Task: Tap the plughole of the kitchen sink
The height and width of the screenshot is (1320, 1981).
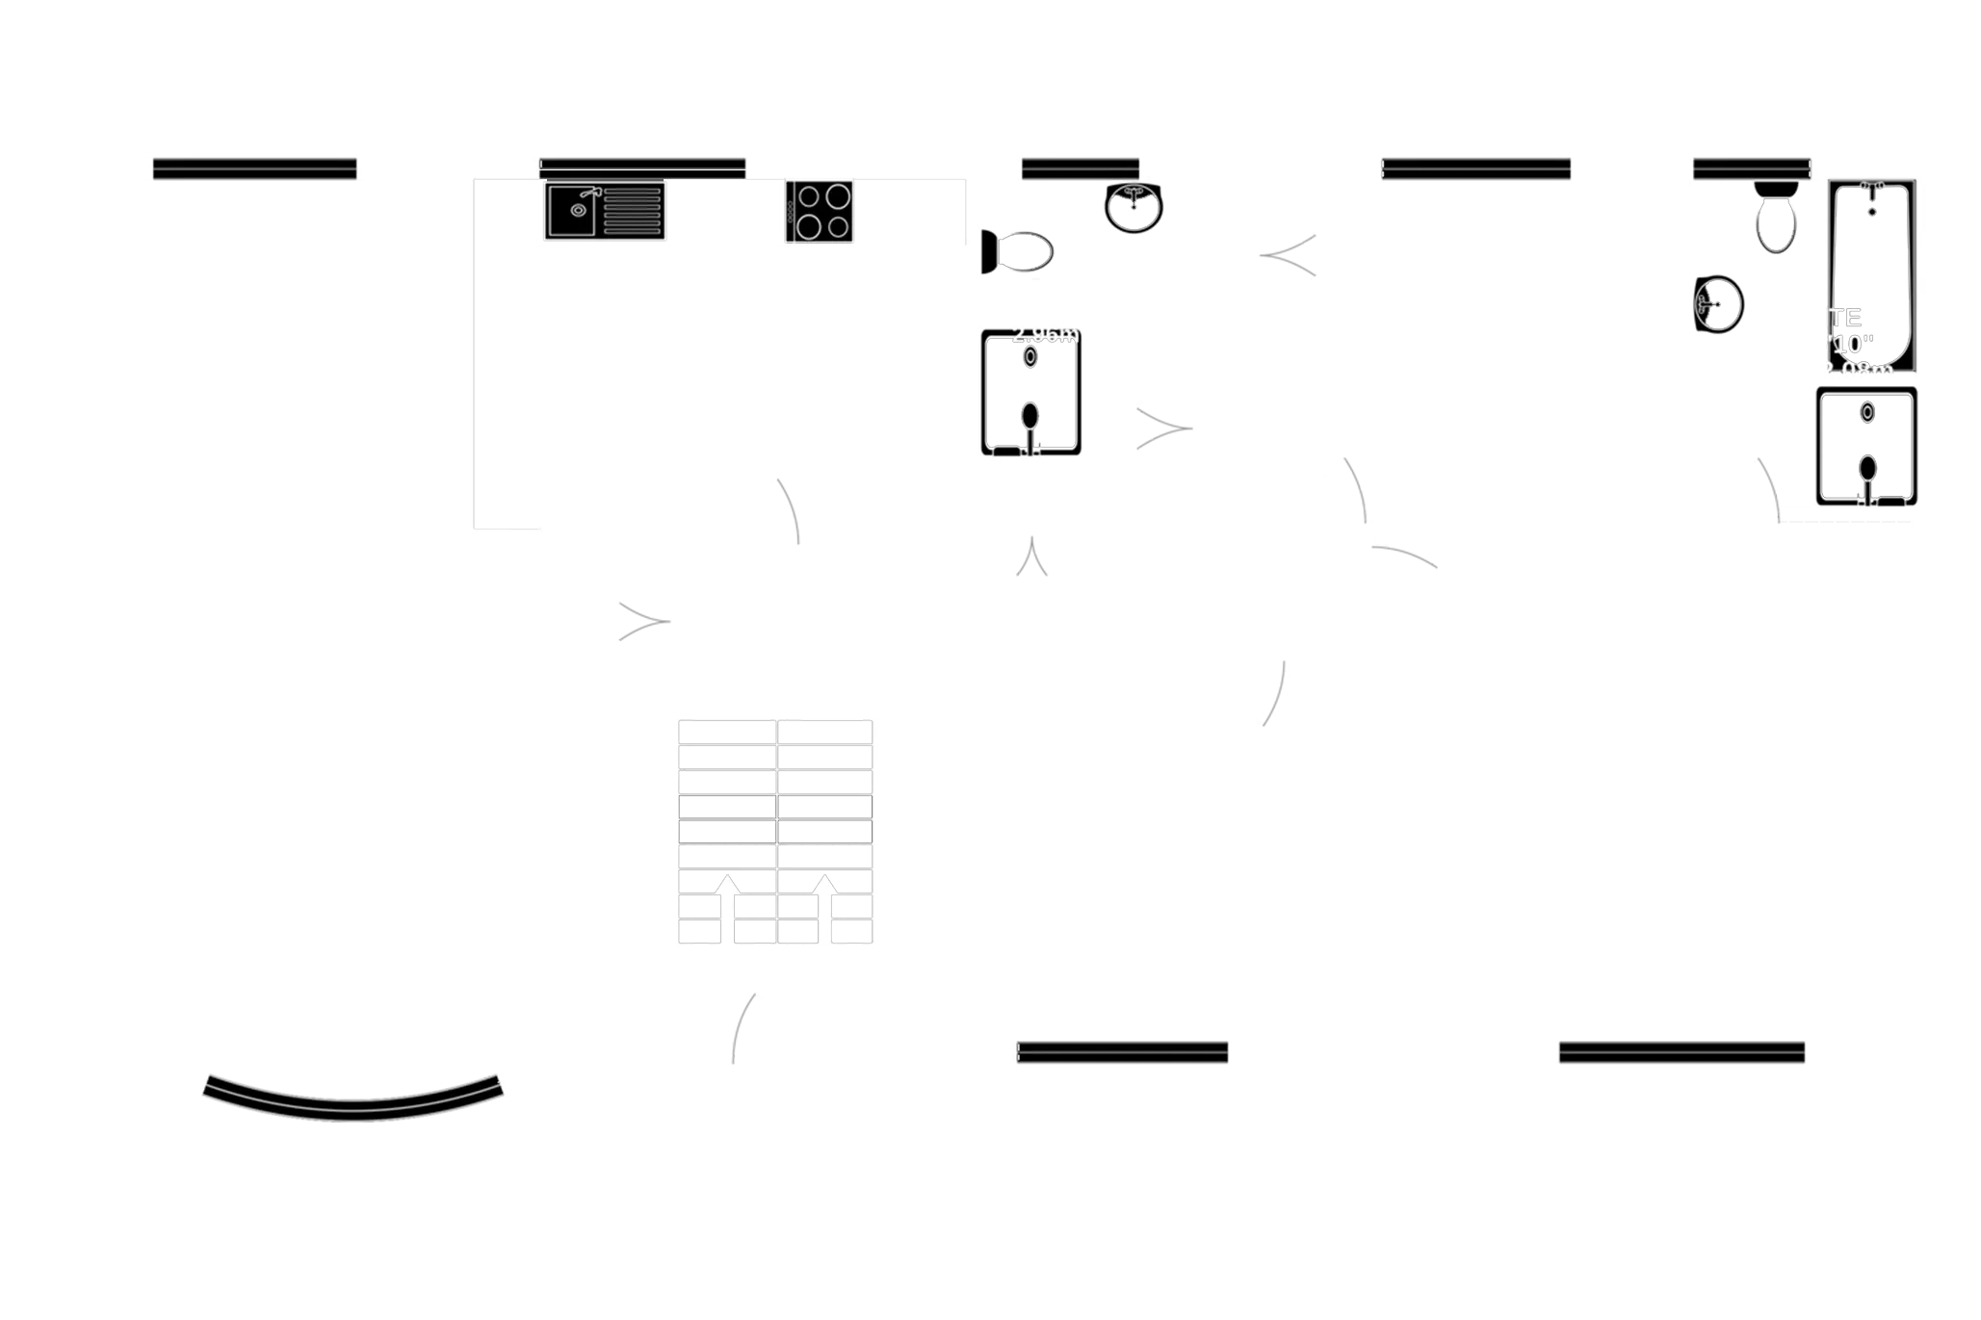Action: click(577, 210)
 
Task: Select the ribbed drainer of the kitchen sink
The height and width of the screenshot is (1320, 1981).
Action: click(631, 212)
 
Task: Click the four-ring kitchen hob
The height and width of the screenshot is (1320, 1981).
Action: click(820, 212)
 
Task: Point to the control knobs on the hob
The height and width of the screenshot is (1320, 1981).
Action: click(791, 212)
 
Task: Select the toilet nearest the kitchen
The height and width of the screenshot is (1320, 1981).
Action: click(1019, 253)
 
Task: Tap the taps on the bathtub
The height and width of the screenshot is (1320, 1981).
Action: click(1871, 185)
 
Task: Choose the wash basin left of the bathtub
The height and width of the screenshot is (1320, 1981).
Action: click(1720, 304)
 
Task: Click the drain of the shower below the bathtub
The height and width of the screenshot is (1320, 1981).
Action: click(1867, 412)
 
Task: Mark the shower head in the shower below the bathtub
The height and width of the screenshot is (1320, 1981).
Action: click(1867, 470)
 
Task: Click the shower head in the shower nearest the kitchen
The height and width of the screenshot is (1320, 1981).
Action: click(1030, 416)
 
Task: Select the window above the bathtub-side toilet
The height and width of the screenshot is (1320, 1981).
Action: click(1752, 168)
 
